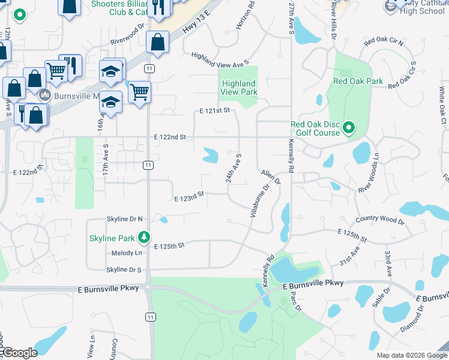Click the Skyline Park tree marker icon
pos(144,238)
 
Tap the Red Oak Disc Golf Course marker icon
pos(349,128)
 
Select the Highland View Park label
pos(239,88)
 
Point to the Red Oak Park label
pos(358,80)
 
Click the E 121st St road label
pos(215,111)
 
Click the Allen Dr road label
pos(271,176)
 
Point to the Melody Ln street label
pos(126,254)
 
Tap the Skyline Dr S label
pos(124,270)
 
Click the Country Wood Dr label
pos(380,220)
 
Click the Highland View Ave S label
pos(220,59)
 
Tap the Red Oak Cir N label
pos(384,41)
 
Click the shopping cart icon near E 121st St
pos(139,92)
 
